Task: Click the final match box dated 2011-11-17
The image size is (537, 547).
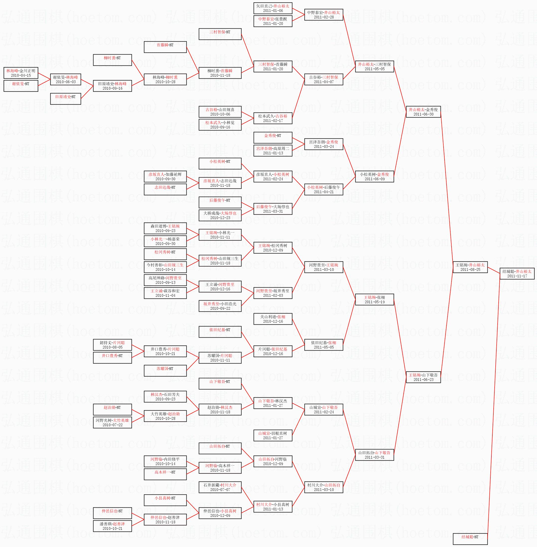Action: [517, 273]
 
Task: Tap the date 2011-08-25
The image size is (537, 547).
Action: [470, 270]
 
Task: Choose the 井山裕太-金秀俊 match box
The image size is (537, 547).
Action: [423, 112]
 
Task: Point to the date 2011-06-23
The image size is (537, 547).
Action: [423, 380]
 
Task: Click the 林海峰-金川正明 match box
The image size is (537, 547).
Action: [21, 73]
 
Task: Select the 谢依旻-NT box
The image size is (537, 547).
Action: [21, 86]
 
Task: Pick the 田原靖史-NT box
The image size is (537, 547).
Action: [66, 99]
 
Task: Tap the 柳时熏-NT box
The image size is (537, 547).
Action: [112, 60]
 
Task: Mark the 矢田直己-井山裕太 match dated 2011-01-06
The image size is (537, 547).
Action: [273, 8]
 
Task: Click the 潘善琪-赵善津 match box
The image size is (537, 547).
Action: [112, 526]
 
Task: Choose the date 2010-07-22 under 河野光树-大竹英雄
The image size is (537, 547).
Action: [112, 425]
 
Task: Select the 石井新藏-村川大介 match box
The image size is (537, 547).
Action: [220, 487]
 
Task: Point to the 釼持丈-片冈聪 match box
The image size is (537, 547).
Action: [112, 345]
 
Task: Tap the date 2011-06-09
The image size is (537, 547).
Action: [374, 179]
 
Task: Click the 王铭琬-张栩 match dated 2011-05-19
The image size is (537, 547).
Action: [374, 299]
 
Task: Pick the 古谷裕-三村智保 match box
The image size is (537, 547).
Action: [323, 79]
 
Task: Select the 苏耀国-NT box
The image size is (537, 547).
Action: [165, 370]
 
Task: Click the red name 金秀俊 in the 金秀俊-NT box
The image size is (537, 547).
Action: [270, 135]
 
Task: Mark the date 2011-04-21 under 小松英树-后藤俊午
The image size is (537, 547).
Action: [323, 192]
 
